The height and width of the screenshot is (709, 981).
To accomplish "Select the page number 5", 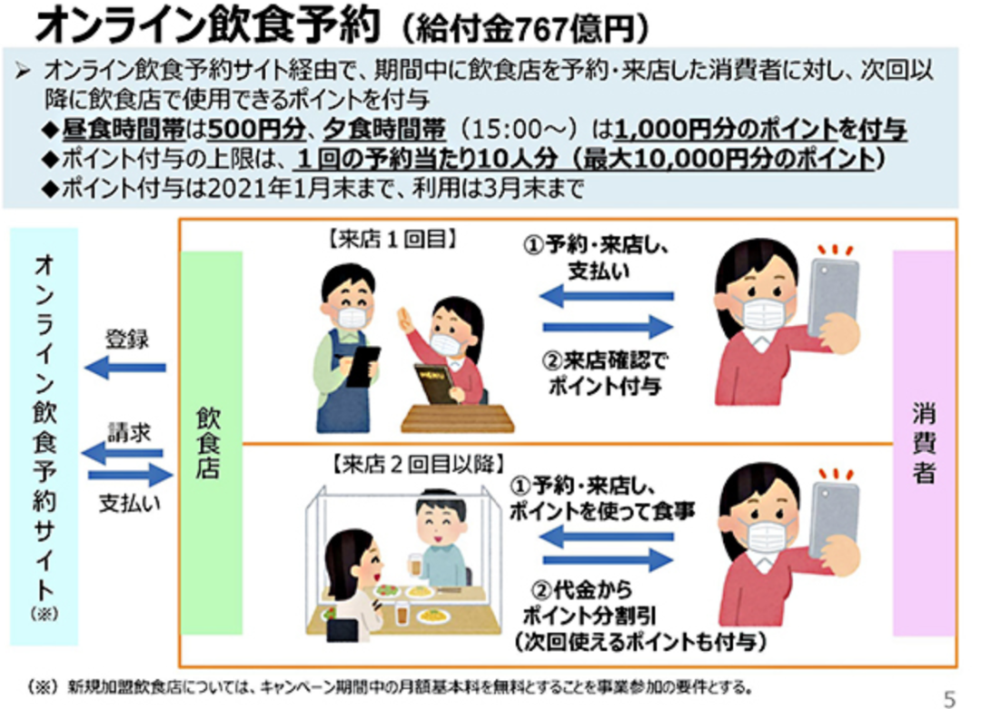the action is (x=950, y=697).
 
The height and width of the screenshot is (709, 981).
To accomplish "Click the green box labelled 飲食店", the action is (x=211, y=442).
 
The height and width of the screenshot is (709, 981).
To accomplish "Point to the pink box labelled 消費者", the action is (x=923, y=442).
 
